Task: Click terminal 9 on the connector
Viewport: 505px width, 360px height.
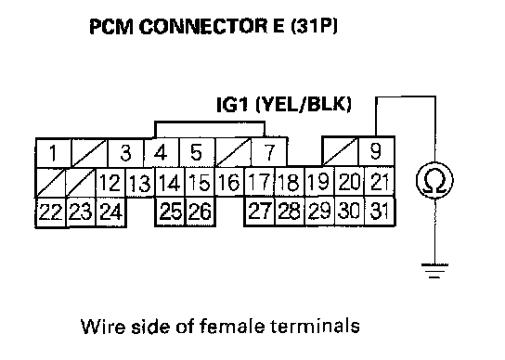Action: [376, 151]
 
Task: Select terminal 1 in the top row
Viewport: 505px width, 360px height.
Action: [54, 153]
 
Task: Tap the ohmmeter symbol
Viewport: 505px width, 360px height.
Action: [434, 180]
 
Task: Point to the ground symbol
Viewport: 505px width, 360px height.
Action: [434, 271]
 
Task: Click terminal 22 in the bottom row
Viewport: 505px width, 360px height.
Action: [50, 212]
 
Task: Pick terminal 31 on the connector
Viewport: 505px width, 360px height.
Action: [380, 212]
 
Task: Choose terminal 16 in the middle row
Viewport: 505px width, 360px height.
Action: [229, 182]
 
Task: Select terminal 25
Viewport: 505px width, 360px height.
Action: [171, 212]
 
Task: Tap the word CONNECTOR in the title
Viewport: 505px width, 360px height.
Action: [203, 26]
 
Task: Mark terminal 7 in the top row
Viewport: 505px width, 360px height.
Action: [268, 152]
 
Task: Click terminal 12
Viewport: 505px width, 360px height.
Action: [110, 183]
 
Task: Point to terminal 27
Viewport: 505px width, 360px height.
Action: [260, 212]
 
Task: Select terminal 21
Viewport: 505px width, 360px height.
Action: [380, 182]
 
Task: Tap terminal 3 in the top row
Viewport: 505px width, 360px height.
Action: [126, 153]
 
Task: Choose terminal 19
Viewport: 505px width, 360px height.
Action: [319, 182]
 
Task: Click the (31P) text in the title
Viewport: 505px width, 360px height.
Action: [314, 26]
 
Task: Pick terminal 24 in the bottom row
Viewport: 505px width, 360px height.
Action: [110, 212]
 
